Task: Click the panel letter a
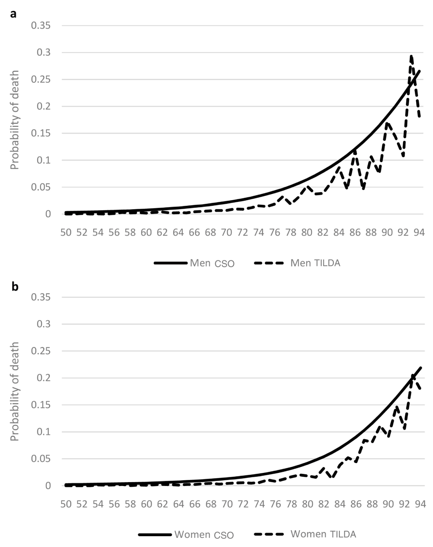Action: pos(14,14)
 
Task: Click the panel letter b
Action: pos(15,287)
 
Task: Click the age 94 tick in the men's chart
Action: pos(419,233)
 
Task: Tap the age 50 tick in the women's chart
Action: pos(66,504)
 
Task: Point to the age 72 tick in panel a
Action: pos(242,233)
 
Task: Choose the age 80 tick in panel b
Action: pos(307,504)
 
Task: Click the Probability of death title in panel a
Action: pos(15,120)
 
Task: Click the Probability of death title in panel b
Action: pos(15,392)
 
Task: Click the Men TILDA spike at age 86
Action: pos(355,150)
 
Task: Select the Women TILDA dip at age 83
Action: pos(331,477)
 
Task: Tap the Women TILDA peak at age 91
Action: pos(396,407)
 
